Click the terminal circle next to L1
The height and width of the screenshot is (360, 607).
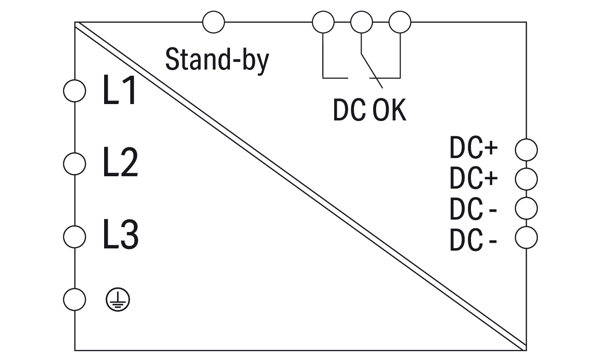pos(74,91)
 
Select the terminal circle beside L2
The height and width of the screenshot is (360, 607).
pos(74,164)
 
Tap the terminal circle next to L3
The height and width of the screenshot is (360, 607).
pos(74,236)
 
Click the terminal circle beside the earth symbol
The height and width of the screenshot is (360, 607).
pos(74,300)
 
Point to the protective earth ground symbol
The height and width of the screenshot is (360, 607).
pos(118,300)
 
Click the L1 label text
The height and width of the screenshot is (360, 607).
pos(119,90)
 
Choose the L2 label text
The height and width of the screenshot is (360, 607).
pos(120,163)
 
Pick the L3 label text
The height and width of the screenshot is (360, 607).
pos(121,236)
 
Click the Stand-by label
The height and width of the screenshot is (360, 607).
pos(217,60)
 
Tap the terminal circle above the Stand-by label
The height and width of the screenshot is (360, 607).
pos(214,22)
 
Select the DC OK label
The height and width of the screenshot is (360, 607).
pos(370,110)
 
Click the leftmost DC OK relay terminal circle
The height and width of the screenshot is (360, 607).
pos(323,22)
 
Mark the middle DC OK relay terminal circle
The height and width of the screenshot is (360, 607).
pos(362,22)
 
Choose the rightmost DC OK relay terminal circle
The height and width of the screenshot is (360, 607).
pos(400,22)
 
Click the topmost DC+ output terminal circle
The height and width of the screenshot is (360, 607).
pos(526,150)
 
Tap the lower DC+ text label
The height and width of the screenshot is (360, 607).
pos(474,178)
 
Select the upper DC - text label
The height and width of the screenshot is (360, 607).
pos(473,209)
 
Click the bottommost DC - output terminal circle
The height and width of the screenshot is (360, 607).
pos(526,238)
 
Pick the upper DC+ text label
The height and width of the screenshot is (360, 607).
pos(474,149)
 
